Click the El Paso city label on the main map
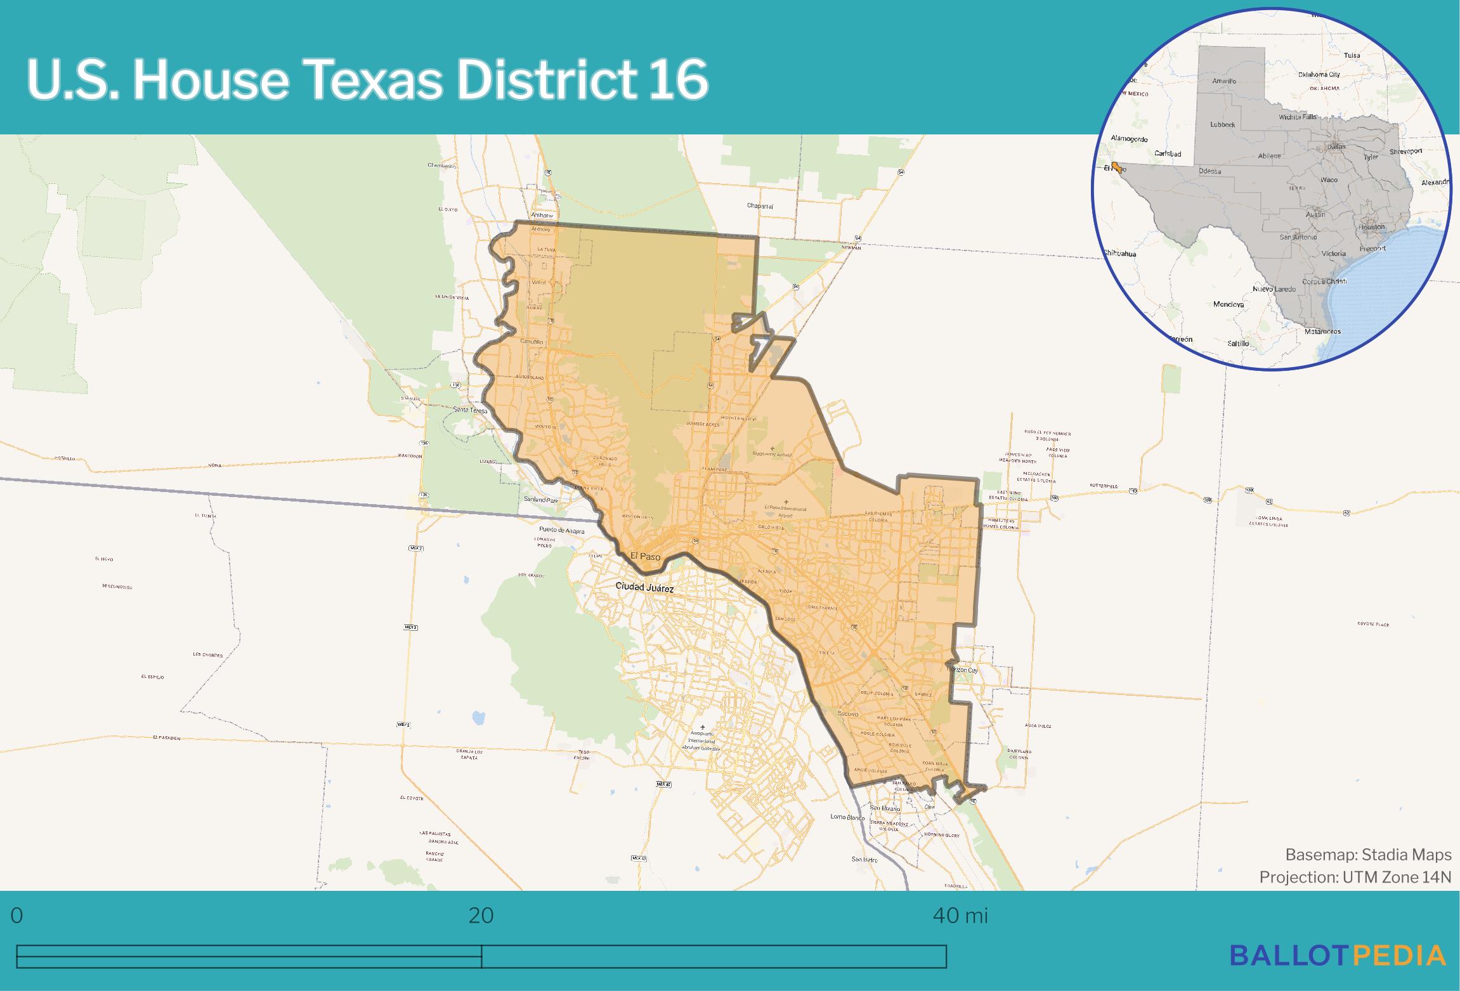pos(645,557)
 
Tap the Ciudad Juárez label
pos(644,588)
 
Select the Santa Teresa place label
pos(470,411)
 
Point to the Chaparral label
pos(760,206)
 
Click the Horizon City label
pos(963,670)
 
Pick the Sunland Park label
pos(540,500)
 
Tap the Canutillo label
pos(531,342)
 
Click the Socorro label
pos(848,714)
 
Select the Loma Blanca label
pos(847,817)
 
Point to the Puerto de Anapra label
pos(561,529)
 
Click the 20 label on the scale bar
pos(481,916)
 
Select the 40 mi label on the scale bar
pos(960,916)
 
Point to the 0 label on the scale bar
pos(17,916)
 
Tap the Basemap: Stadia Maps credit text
pos(1368,855)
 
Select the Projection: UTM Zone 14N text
pos(1355,877)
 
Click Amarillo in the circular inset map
pos(1223,81)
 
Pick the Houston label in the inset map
pos(1371,227)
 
